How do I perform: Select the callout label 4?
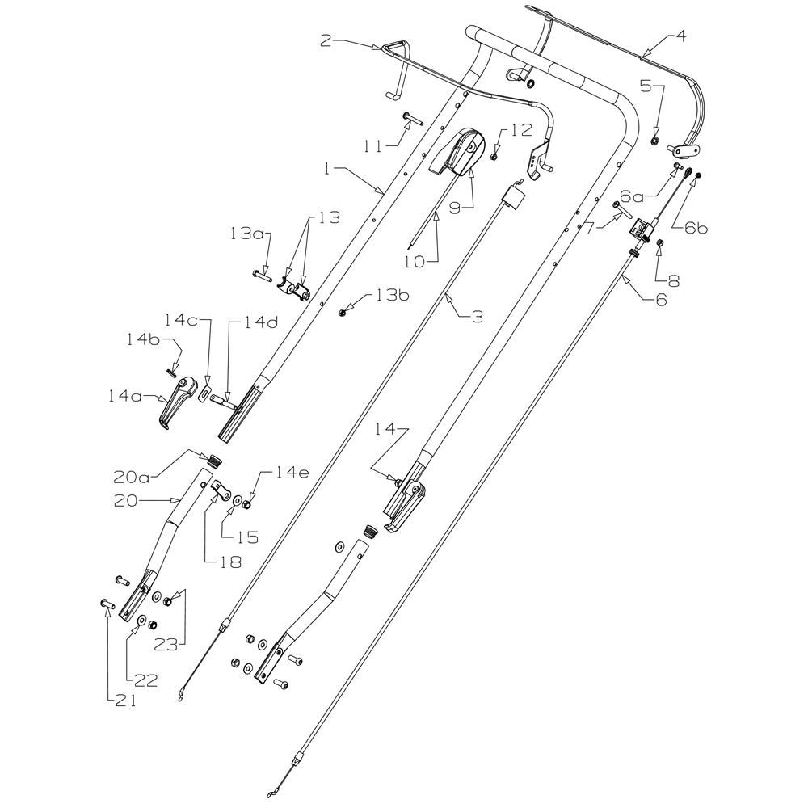[680, 36]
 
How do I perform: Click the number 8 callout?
[673, 282]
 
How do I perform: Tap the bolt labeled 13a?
[262, 276]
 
